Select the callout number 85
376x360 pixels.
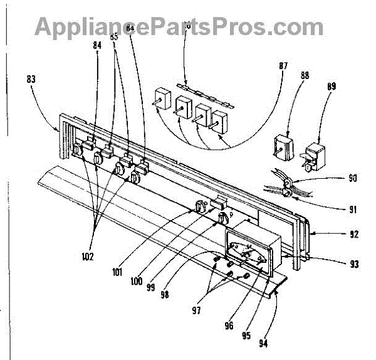coord(114,37)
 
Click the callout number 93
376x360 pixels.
coord(354,264)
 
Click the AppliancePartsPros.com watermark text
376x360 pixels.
coord(179,26)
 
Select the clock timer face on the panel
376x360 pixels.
coord(247,253)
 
